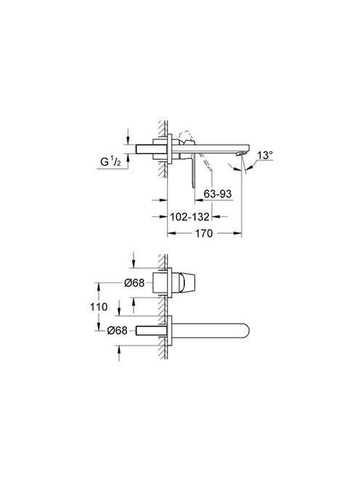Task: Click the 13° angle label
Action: click(x=265, y=155)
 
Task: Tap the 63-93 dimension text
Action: click(x=218, y=194)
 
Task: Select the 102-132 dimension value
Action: click(x=189, y=217)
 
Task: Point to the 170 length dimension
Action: click(x=204, y=233)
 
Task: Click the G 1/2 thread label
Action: click(x=110, y=161)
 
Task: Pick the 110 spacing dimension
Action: click(x=99, y=306)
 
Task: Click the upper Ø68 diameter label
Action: click(x=134, y=283)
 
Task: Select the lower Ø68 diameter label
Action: click(x=117, y=330)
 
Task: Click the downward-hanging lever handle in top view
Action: click(x=193, y=170)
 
